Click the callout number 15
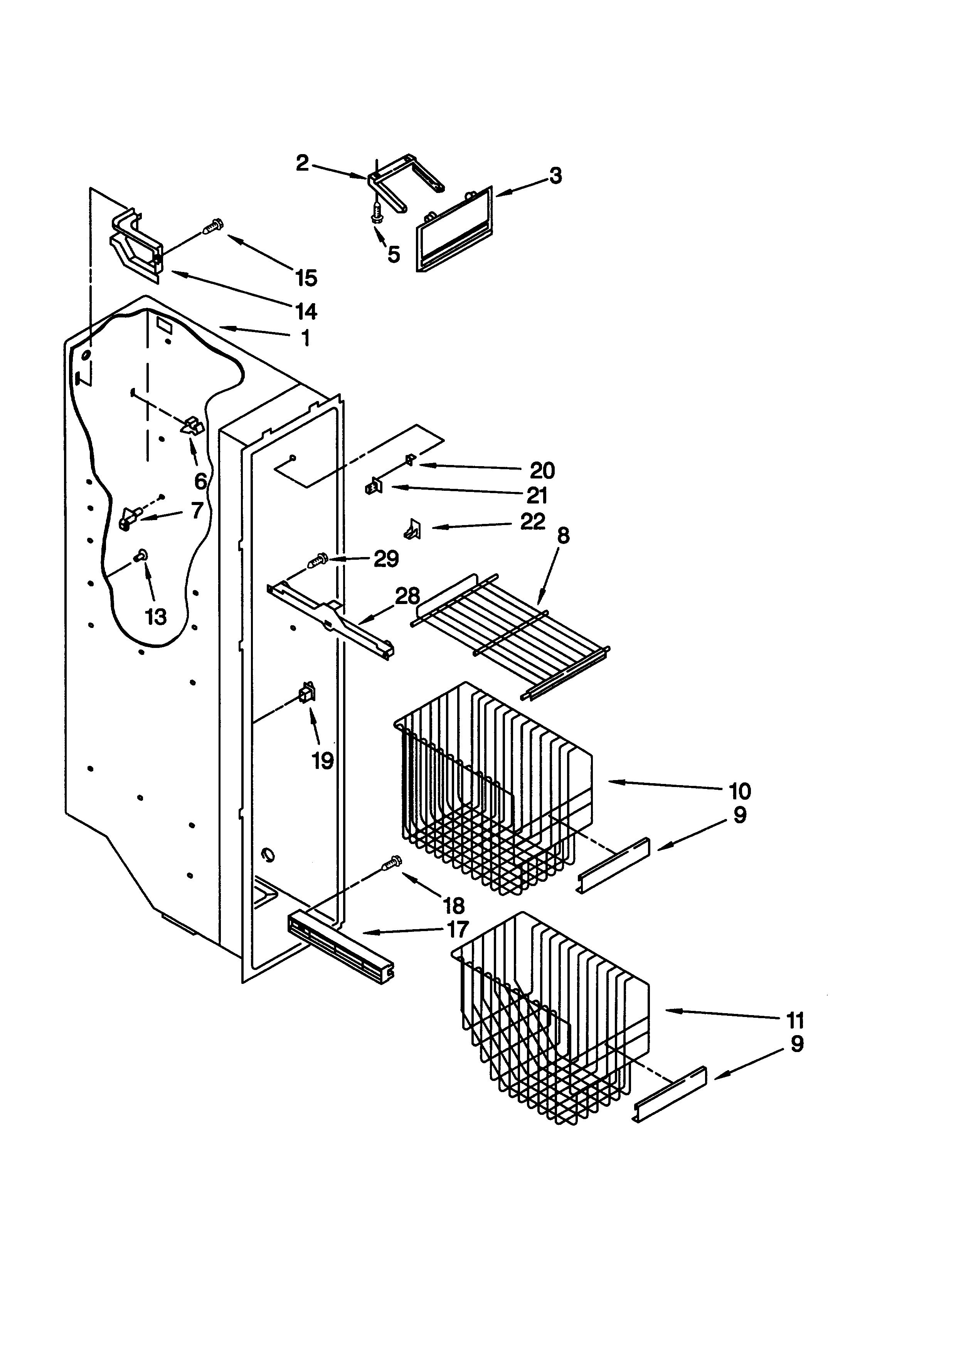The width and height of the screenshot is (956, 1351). pos(306,278)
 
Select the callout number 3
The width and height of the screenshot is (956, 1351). pos(556,175)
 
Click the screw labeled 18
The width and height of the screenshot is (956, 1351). pos(392,863)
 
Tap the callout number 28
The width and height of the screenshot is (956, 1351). pos(407,597)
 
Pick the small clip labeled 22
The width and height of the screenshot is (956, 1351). pos(412,529)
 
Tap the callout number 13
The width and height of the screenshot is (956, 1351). pos(155,617)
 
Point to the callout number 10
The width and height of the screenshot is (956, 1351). pos(740,791)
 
